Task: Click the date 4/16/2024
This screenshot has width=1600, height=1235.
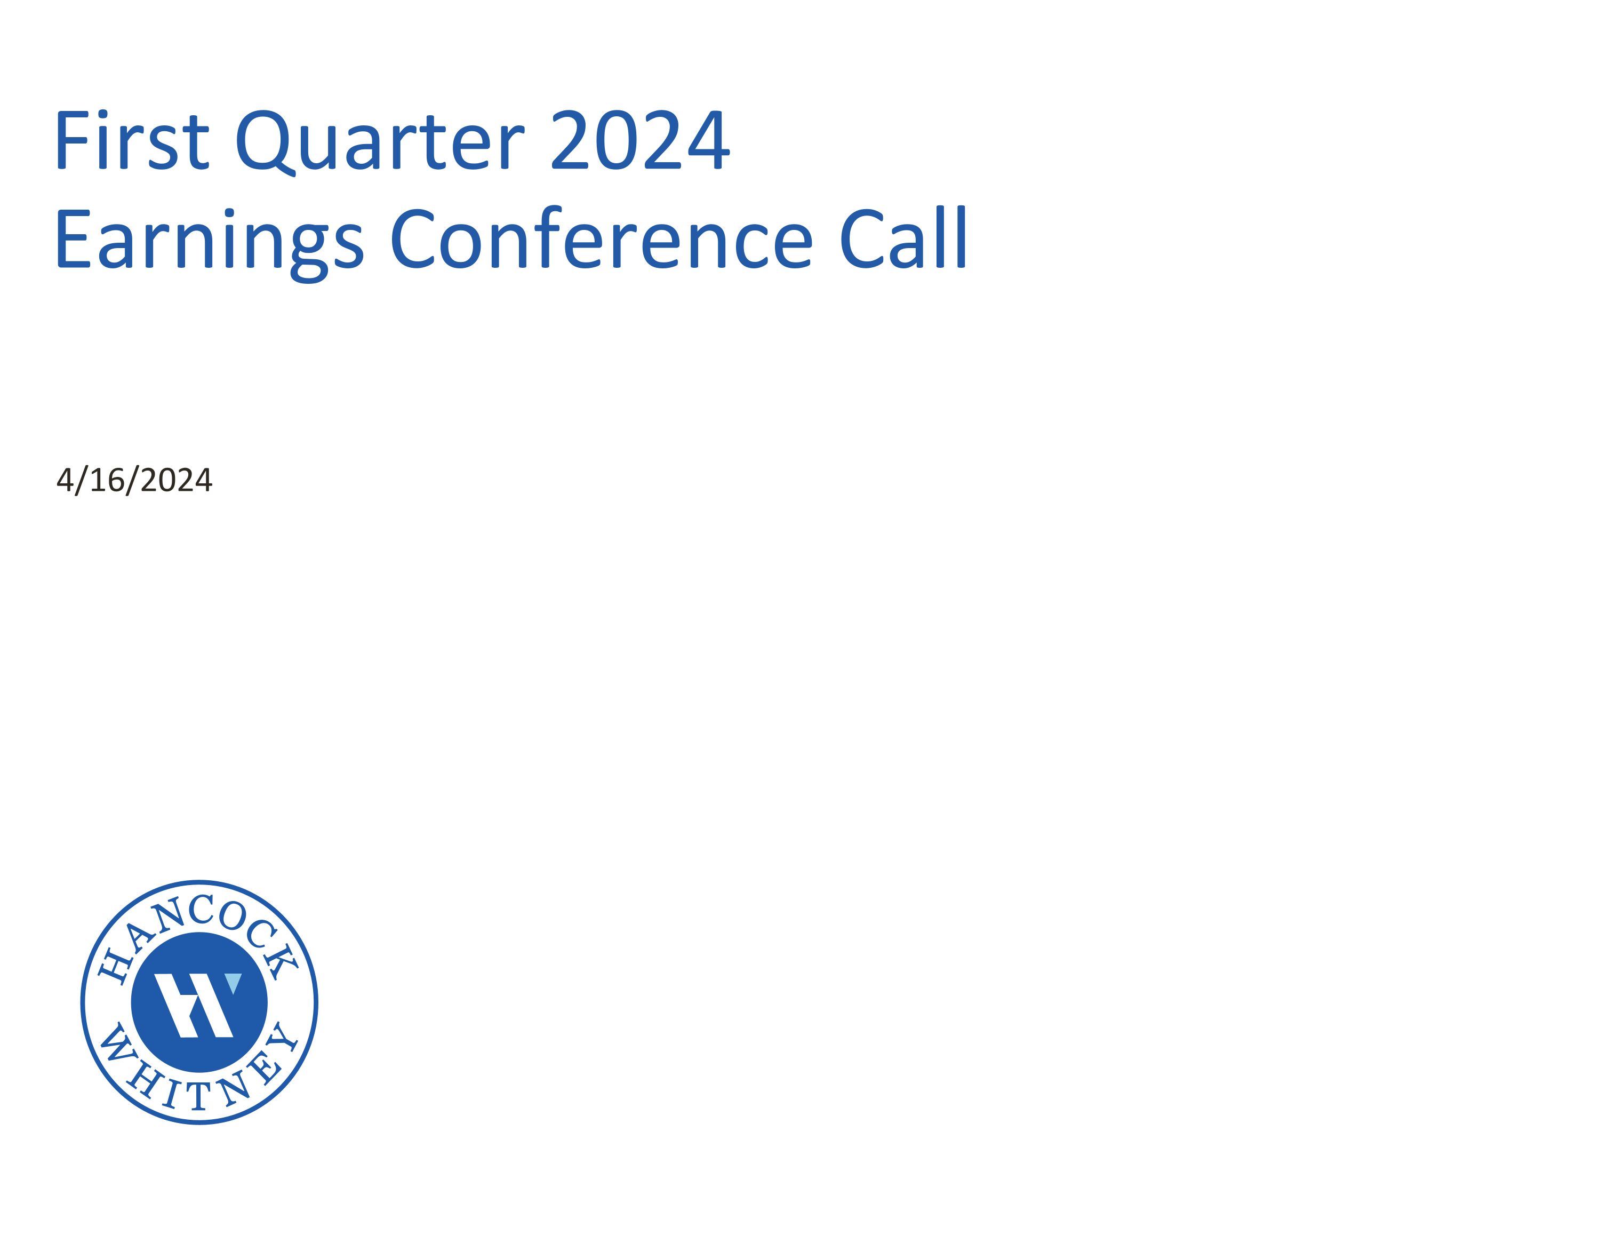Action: [x=134, y=481]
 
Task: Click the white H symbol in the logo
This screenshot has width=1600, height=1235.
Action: [x=195, y=1005]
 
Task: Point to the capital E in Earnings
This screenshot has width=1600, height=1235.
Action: [x=71, y=239]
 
